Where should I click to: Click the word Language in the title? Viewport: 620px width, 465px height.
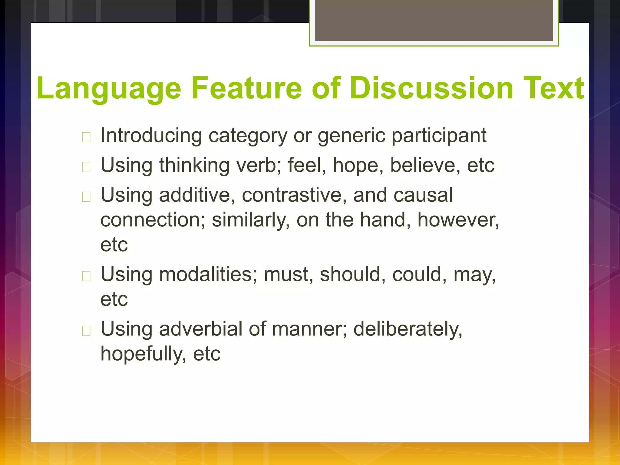point(108,88)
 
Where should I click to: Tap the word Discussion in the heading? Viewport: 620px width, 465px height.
point(431,88)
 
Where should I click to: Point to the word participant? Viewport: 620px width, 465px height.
point(439,136)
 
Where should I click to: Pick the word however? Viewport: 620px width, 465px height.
point(458,220)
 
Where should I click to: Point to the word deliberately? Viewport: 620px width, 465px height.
point(408,329)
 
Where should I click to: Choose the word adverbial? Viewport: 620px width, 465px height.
point(201,329)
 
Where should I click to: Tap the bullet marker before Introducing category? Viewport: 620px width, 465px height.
point(86,137)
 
